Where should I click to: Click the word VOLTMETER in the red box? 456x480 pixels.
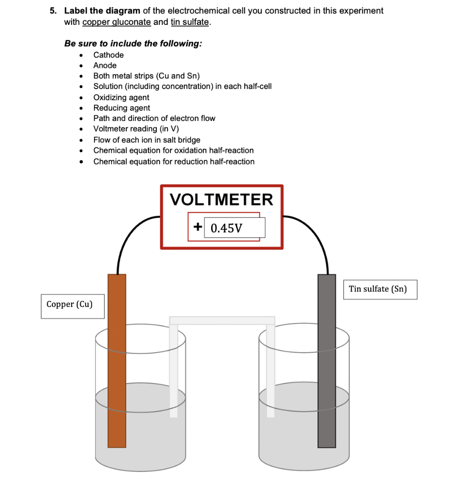[221, 200]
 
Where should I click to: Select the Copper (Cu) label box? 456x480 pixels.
[72, 305]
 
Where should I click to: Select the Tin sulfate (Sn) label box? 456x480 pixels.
[380, 289]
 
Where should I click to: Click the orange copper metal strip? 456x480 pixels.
[117, 361]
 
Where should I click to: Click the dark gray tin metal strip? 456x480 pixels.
[327, 361]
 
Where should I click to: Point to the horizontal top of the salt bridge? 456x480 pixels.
[222, 321]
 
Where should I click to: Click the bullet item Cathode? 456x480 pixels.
[109, 55]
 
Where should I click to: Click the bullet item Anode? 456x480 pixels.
[105, 66]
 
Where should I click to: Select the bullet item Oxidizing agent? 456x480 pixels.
[121, 97]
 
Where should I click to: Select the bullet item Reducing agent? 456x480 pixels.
[122, 108]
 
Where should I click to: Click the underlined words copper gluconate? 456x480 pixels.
[117, 22]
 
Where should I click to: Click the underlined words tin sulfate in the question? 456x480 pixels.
[190, 22]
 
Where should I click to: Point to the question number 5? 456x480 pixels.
[54, 11]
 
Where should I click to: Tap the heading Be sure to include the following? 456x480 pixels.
[133, 44]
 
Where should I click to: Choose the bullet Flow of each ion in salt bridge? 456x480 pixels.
[147, 140]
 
